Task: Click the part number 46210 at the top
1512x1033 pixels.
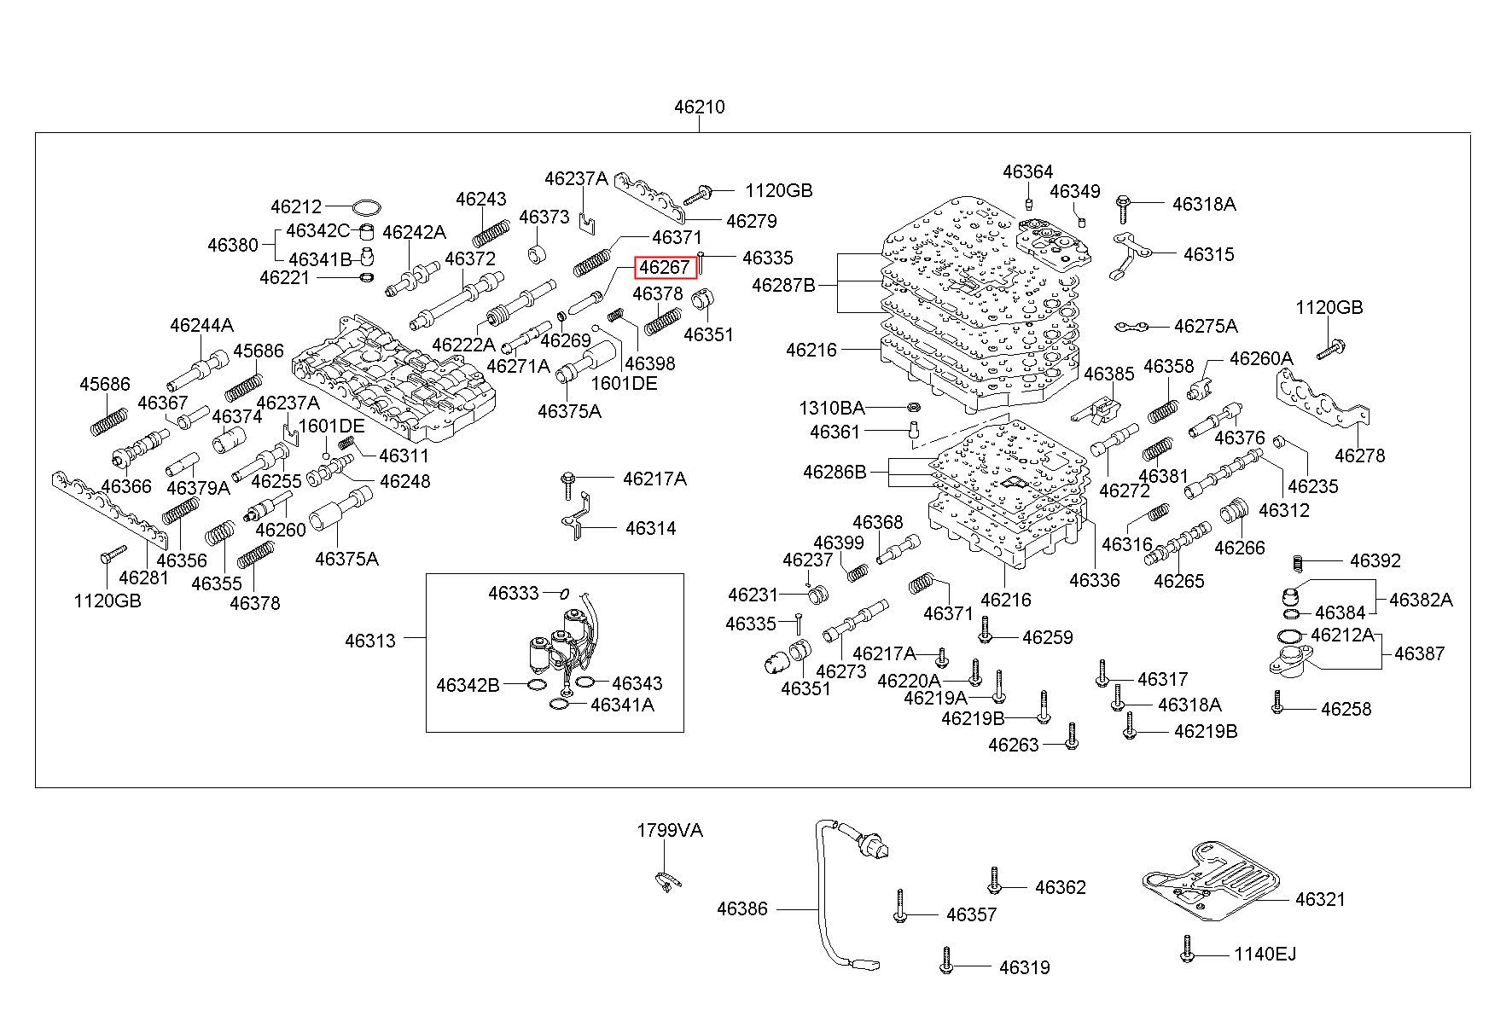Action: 699,107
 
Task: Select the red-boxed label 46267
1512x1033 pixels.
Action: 665,267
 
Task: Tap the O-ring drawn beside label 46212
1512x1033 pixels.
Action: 366,207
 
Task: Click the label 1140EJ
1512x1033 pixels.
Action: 1265,954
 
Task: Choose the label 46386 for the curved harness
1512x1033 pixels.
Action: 741,909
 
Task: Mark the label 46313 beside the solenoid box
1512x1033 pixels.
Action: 370,641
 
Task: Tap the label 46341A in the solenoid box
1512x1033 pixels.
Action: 622,705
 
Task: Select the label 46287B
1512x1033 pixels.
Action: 783,285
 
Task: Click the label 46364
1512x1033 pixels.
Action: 1027,171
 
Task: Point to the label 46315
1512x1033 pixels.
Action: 1208,254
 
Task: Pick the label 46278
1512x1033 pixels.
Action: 1359,456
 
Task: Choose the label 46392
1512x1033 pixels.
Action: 1375,560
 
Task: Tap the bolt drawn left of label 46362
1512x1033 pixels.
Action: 993,880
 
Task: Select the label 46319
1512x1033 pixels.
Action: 1024,967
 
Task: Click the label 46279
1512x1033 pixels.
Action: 751,221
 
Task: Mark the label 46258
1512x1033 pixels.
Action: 1346,709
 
